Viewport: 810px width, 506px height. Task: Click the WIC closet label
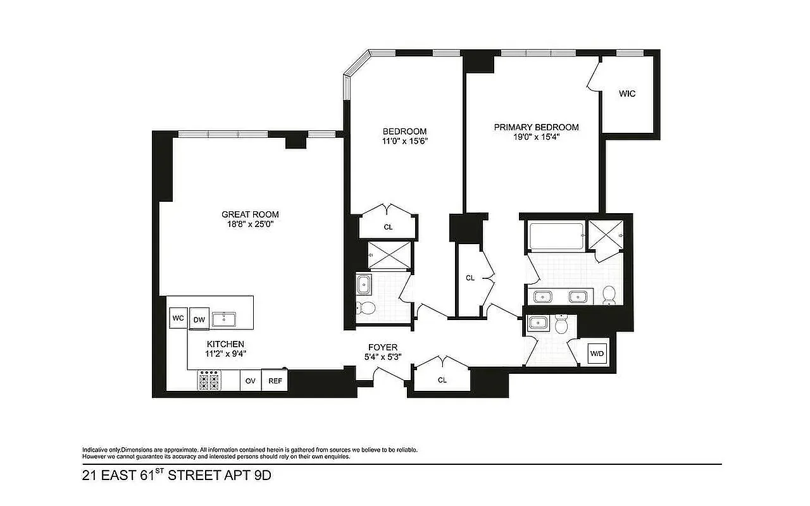point(627,94)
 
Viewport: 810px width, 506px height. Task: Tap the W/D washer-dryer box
point(597,353)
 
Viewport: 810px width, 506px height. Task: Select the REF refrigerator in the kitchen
point(275,381)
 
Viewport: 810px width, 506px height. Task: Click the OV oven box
point(250,381)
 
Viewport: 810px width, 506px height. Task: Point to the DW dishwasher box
point(199,319)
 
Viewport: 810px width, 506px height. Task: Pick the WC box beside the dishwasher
point(177,318)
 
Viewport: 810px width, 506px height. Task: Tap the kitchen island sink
point(223,319)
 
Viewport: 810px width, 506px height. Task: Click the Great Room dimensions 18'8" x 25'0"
point(250,224)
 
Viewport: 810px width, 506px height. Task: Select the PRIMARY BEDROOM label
point(536,127)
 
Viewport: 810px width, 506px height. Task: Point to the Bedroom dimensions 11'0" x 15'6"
point(404,141)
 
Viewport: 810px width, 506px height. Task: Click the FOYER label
point(383,347)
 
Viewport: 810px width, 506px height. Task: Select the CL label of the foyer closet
point(442,380)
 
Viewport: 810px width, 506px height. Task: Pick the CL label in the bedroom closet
point(388,226)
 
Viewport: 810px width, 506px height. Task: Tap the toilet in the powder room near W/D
point(560,325)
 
